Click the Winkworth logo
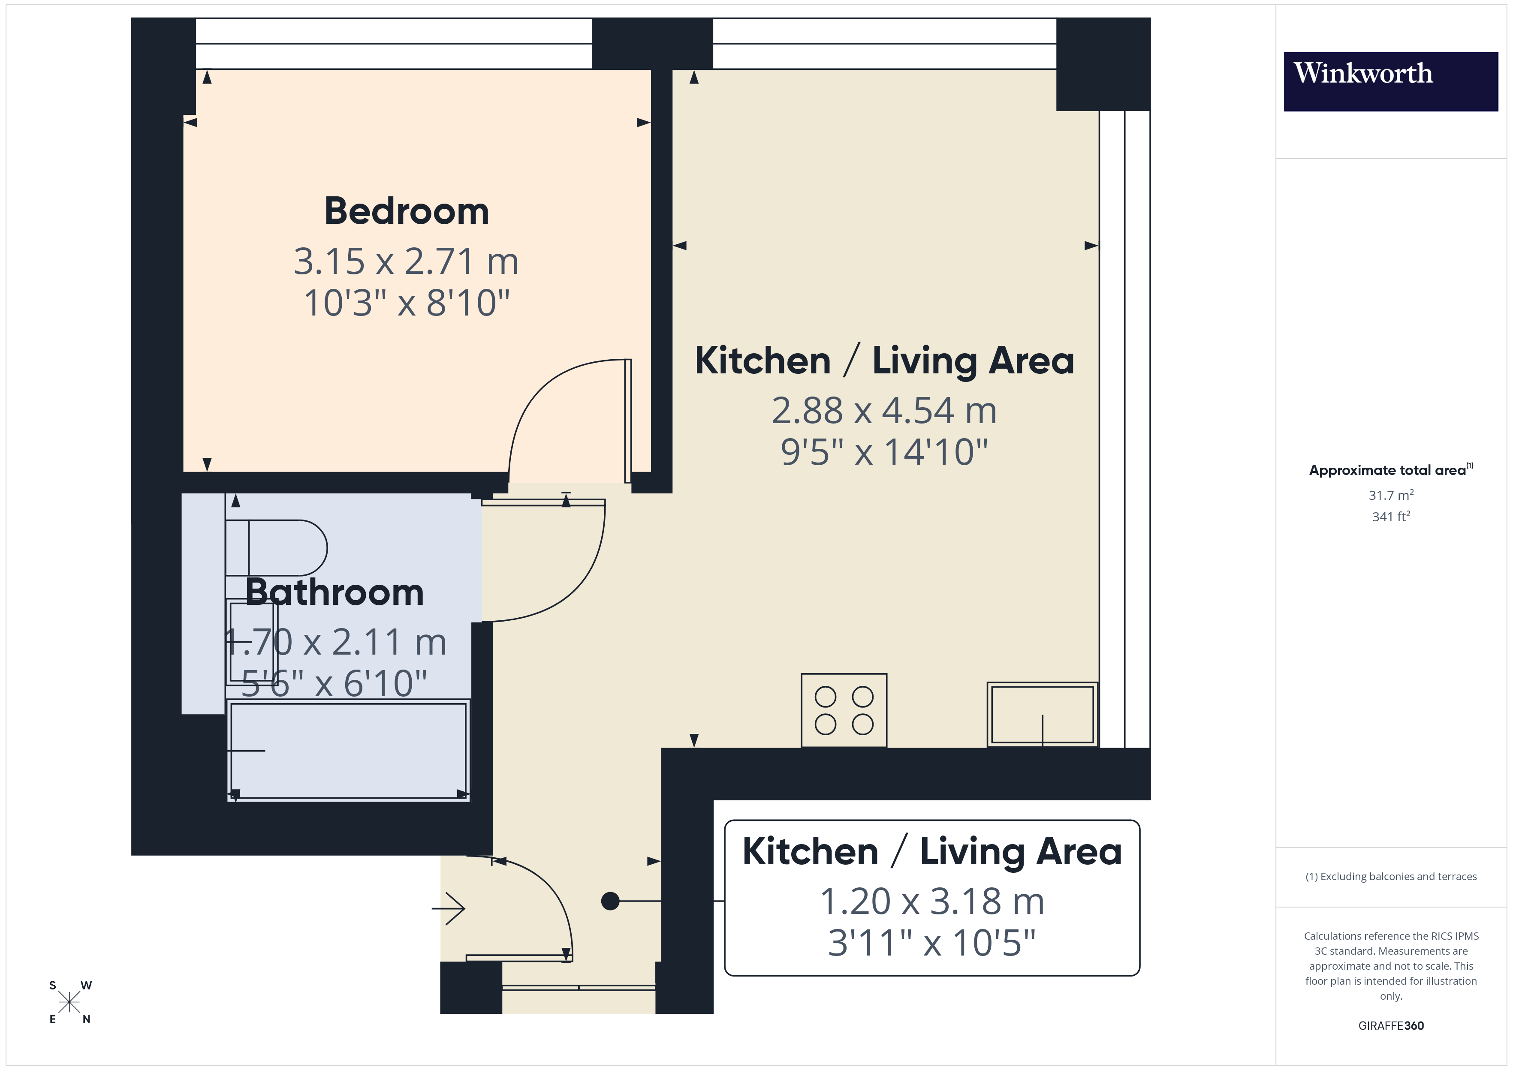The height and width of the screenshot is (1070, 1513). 1390,81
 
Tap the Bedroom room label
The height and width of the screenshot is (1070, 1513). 406,211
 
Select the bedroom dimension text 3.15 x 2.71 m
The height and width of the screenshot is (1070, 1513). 406,261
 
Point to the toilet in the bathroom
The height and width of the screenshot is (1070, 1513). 277,547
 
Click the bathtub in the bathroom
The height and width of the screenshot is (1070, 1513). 348,751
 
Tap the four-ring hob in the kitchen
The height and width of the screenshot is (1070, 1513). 844,710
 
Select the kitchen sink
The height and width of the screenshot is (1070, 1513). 1042,714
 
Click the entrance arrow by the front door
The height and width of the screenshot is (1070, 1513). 449,908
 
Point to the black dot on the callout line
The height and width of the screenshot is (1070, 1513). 610,901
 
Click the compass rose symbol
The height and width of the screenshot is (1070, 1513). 69,1002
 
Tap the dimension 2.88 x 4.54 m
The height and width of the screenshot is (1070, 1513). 884,411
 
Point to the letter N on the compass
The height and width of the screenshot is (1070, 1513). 86,1019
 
